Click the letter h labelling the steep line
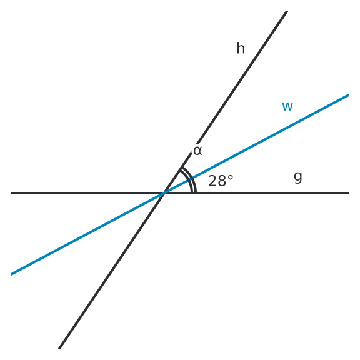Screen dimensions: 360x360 241,48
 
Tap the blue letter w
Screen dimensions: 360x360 287,106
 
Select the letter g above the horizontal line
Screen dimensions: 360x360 298,177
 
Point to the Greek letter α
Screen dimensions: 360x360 197,151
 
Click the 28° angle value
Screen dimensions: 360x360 221,181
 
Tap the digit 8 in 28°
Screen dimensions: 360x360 222,181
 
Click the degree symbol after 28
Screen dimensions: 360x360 231,177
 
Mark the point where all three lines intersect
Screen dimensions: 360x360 164,193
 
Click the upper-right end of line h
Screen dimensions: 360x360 287,11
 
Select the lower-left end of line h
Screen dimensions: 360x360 59,348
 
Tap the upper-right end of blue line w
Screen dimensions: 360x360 349,95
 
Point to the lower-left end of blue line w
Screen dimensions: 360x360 11,274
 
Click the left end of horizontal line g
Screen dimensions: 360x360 11,193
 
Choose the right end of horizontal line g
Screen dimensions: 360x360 349,193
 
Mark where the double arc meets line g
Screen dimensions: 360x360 194,192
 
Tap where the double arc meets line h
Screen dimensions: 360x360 181,168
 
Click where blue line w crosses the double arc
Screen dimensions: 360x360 191,179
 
